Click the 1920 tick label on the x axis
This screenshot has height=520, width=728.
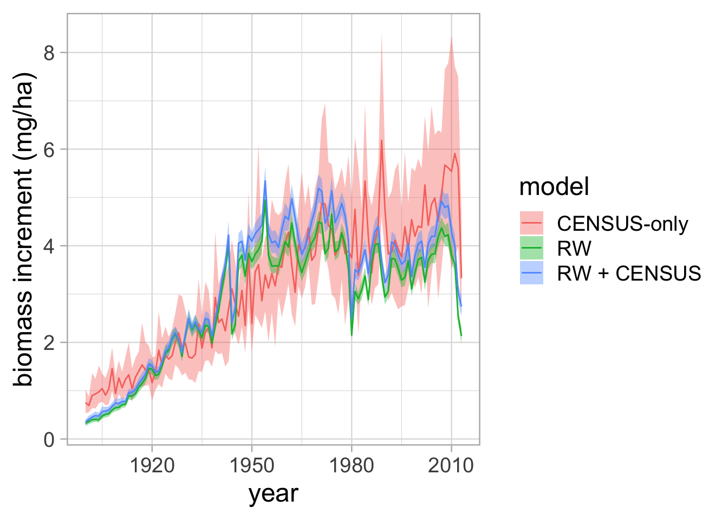pyautogui.click(x=152, y=466)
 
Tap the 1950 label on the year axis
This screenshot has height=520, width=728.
pyautogui.click(x=252, y=466)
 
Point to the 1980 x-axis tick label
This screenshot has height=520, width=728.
pyautogui.click(x=352, y=466)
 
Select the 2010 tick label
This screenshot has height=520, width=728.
pyautogui.click(x=451, y=466)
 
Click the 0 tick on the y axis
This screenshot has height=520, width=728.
pyautogui.click(x=49, y=440)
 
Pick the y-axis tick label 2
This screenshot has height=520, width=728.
pyautogui.click(x=49, y=343)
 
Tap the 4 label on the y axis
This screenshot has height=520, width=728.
pyautogui.click(x=49, y=246)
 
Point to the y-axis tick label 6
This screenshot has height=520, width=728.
pyautogui.click(x=49, y=150)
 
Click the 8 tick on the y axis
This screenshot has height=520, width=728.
pyautogui.click(x=49, y=53)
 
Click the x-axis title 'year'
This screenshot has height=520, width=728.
pyautogui.click(x=273, y=495)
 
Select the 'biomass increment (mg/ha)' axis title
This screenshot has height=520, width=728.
pyautogui.click(x=23, y=229)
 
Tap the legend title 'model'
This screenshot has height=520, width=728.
pyautogui.click(x=554, y=186)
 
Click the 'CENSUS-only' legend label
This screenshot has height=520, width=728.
pyautogui.click(x=623, y=224)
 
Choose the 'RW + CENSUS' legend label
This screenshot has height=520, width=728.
pyautogui.click(x=629, y=274)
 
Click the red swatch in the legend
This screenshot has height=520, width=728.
pyautogui.click(x=531, y=223)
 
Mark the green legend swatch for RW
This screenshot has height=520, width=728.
pyautogui.click(x=531, y=248)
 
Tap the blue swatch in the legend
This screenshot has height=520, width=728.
pyautogui.click(x=531, y=272)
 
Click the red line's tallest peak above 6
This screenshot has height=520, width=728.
pyautogui.click(x=381, y=140)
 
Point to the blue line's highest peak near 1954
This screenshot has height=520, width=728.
pyautogui.click(x=265, y=181)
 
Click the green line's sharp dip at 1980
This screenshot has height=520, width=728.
pyautogui.click(x=352, y=335)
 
